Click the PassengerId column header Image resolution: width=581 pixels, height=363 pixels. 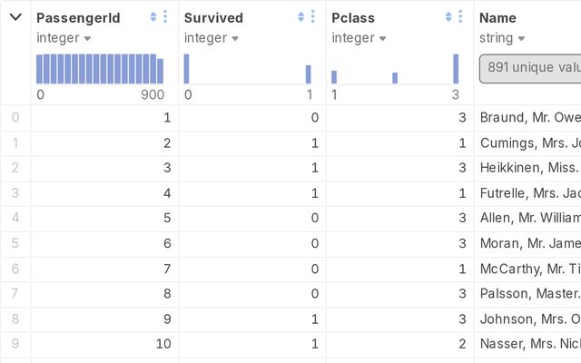[78, 17]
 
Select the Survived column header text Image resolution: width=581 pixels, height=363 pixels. [213, 17]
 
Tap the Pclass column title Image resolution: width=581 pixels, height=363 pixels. [353, 17]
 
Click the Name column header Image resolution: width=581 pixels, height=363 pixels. [498, 17]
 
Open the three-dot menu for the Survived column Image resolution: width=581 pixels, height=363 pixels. [313, 17]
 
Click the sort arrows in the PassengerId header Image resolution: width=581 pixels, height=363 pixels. [153, 17]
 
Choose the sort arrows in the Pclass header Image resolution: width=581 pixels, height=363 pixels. [448, 17]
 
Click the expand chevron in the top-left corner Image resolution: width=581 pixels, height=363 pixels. [15, 17]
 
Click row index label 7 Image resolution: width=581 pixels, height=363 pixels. [14, 294]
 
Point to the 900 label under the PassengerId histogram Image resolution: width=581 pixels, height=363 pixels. [153, 94]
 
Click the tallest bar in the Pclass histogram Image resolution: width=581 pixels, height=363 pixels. [456, 69]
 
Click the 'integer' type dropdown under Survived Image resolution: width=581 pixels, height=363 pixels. [210, 38]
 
